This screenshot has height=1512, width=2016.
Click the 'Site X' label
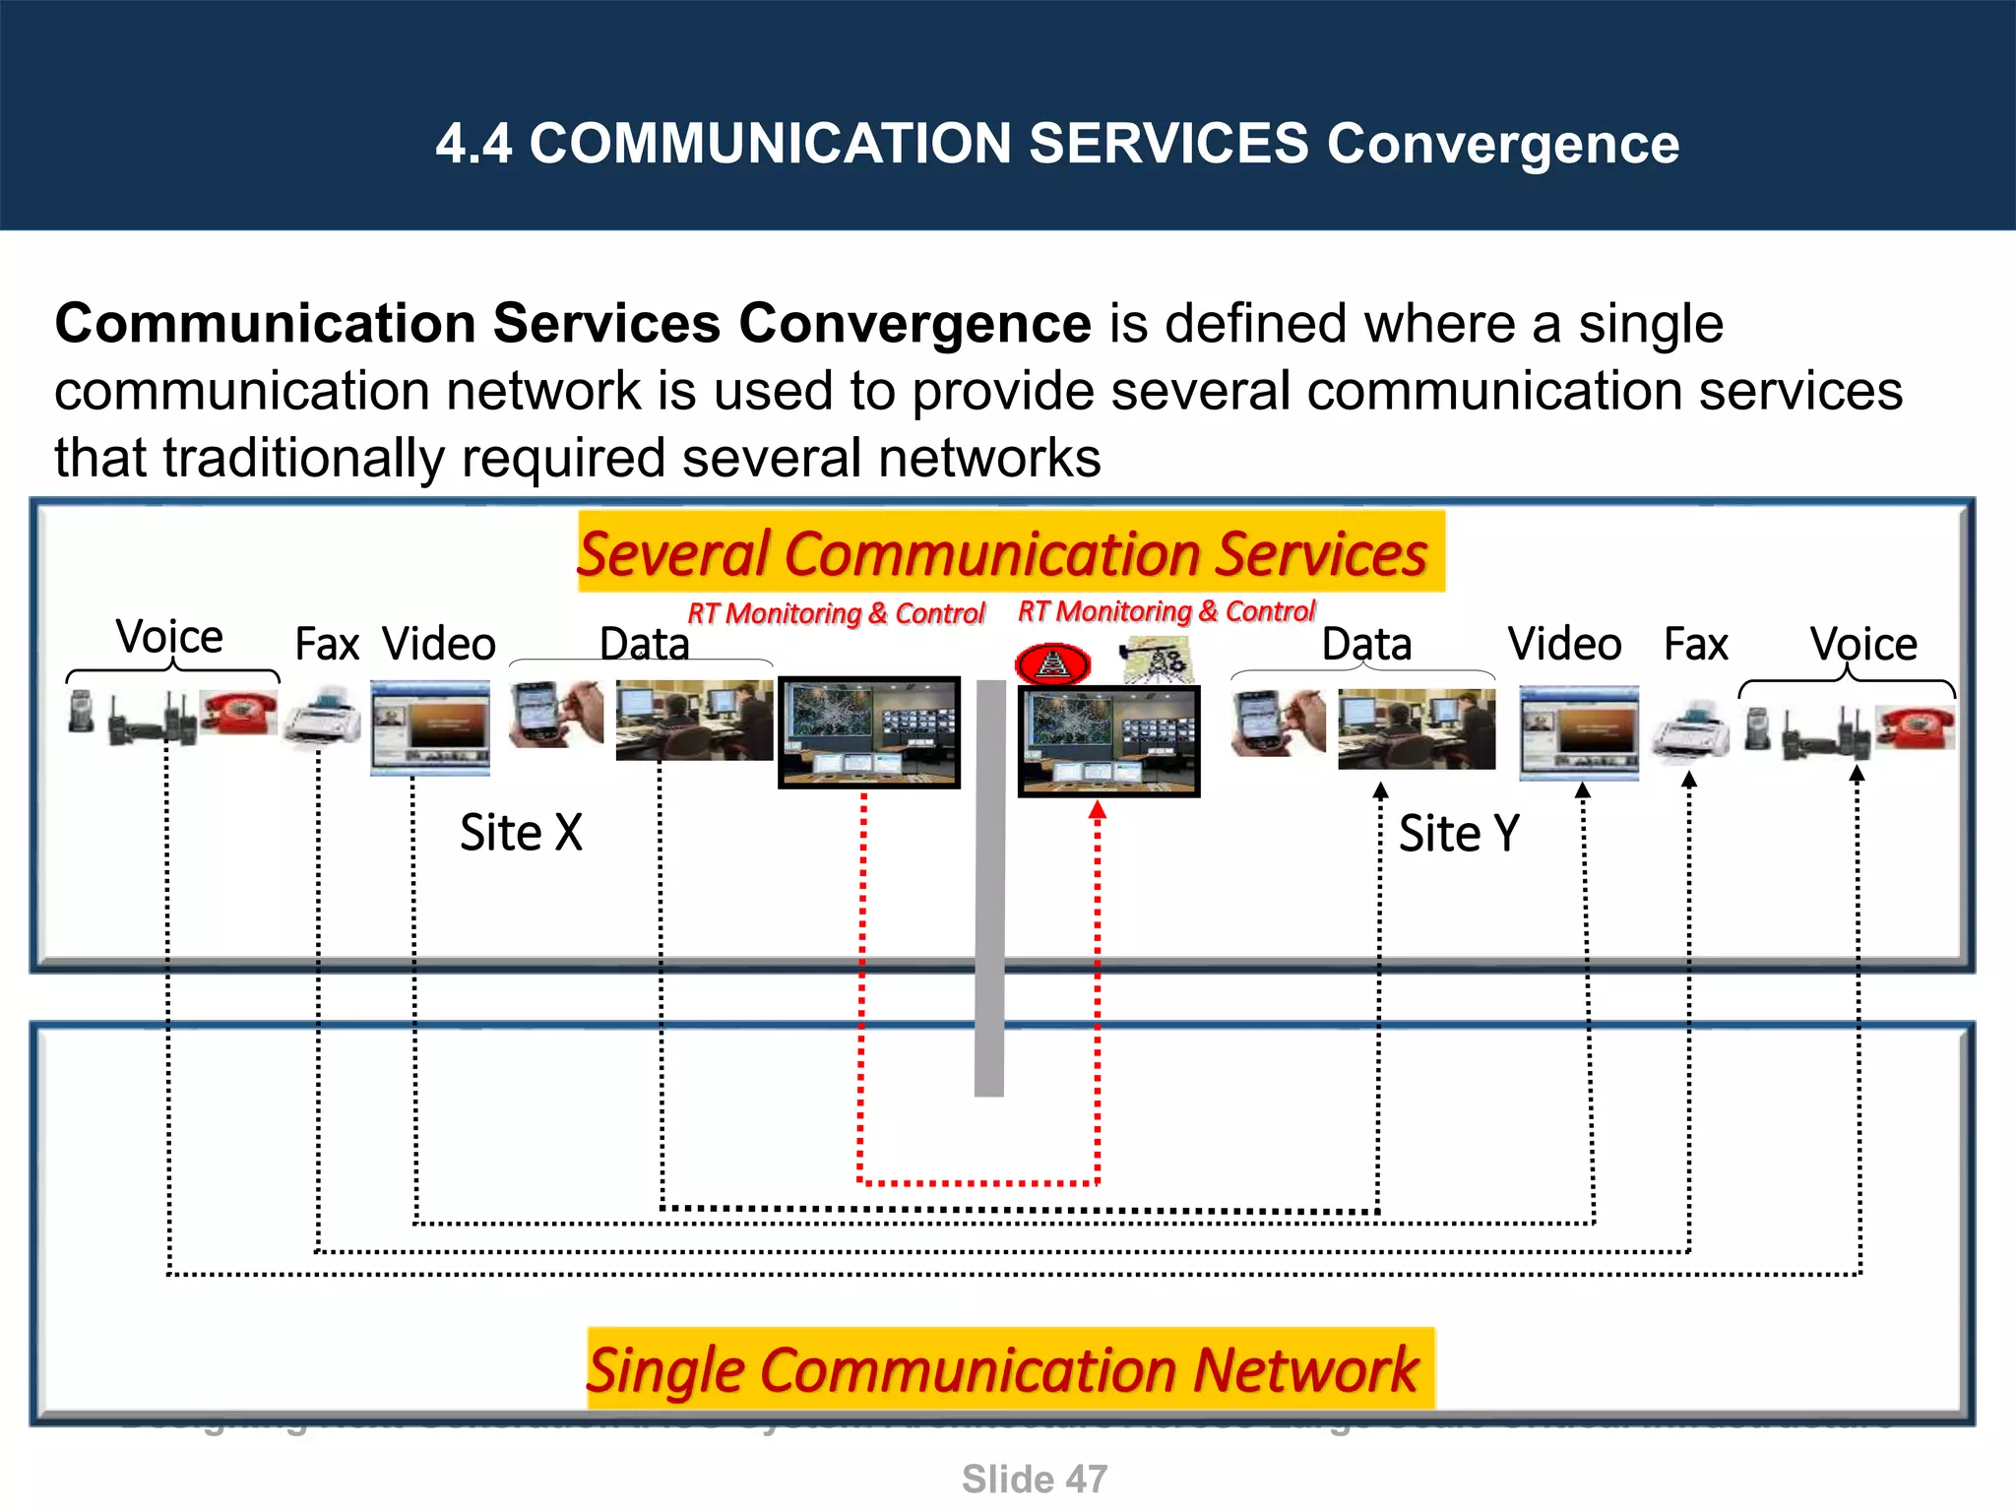point(521,833)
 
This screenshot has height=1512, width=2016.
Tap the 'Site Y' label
point(1459,834)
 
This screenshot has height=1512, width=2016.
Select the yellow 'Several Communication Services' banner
point(1010,552)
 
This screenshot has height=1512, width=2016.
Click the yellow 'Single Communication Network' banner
point(1010,1368)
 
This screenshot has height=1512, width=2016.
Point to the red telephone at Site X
point(238,712)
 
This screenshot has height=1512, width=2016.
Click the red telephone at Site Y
point(1915,726)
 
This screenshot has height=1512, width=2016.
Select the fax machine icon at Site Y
point(1690,730)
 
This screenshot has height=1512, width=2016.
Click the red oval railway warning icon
point(1052,664)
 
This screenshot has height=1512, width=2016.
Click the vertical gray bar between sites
point(989,886)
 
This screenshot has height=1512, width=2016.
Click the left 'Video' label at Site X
point(439,644)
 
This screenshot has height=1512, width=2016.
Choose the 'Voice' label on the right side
point(1862,644)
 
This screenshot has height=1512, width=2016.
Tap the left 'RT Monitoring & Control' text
point(835,613)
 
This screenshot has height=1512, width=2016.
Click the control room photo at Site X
point(868,731)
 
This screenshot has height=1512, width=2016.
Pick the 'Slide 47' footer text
point(1034,1479)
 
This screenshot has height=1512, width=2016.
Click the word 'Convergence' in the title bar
point(1502,144)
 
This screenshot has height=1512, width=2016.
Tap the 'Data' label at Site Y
point(1366,644)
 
